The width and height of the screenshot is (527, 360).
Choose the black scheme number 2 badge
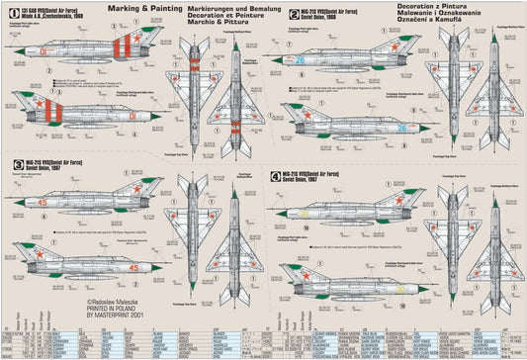[281, 15]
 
